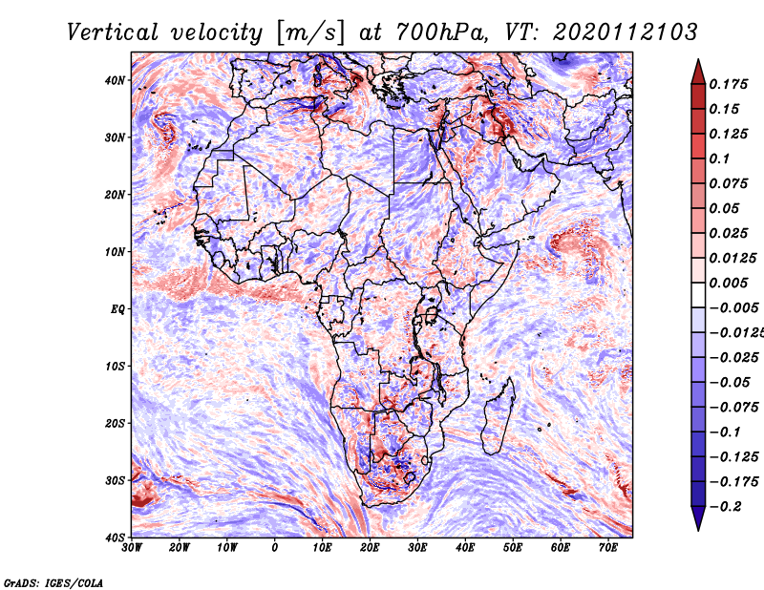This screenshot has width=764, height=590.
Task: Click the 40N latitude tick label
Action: coord(115,80)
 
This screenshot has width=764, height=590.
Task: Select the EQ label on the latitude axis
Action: coord(117,309)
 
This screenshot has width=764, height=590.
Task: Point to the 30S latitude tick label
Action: coord(115,480)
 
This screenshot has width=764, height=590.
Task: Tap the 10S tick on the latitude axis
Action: coord(115,366)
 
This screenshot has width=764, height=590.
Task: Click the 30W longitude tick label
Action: coord(132,548)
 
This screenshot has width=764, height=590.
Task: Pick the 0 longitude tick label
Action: coord(275,548)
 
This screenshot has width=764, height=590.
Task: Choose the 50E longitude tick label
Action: coord(513,548)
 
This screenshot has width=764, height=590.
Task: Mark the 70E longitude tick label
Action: coord(607,548)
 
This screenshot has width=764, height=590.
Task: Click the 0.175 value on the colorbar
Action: coord(729,84)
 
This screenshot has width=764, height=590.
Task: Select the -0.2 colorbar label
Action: coord(726,507)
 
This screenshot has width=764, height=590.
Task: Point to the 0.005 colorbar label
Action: coord(729,283)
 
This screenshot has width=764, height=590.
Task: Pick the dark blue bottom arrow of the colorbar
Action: coord(698,518)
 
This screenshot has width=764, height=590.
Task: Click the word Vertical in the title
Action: coord(113,32)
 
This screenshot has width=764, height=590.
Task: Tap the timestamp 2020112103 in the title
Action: coord(626,32)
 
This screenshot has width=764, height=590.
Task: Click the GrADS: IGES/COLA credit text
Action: coord(53,583)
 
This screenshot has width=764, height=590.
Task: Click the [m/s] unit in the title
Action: coord(310,33)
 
